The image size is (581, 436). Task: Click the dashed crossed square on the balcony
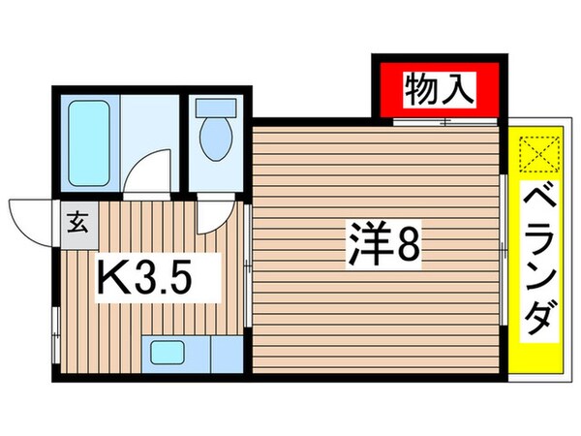pos(535,154)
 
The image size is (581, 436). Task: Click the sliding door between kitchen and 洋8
pos(248,262)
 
